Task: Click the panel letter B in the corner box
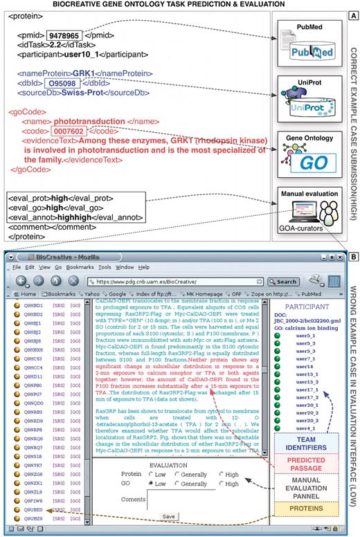point(352,255)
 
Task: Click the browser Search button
point(281,282)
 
